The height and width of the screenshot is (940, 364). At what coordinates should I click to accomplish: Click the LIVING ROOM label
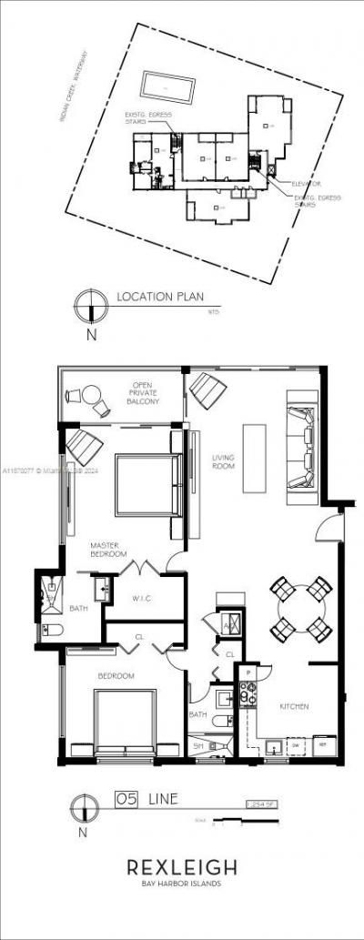click(224, 461)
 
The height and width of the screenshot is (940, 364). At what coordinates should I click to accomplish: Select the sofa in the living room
click(299, 446)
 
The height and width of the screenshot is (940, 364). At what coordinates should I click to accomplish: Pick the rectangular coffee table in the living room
click(255, 458)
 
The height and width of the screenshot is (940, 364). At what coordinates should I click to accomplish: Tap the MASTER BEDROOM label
click(107, 549)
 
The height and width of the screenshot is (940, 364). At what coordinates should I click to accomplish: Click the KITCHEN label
click(294, 705)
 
